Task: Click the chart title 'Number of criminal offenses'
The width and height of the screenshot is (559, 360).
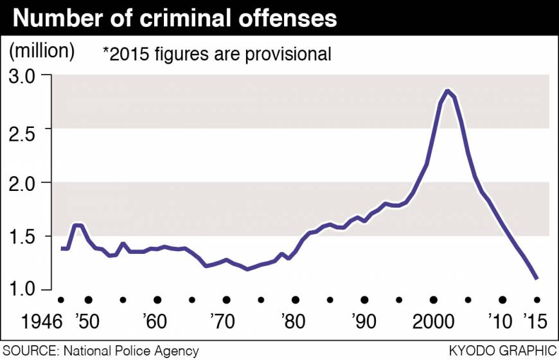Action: click(175, 19)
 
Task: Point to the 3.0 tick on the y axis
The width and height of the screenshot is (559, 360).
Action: click(25, 75)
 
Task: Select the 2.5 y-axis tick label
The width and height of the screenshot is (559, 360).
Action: click(25, 129)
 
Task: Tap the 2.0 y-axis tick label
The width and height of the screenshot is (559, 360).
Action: click(25, 183)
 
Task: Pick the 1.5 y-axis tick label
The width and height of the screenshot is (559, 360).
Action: click(25, 237)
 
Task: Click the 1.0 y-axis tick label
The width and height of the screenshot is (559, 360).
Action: click(25, 290)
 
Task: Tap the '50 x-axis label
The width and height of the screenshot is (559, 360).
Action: click(88, 321)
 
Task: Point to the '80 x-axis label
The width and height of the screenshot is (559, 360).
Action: click(295, 321)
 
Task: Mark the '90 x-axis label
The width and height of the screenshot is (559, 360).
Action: click(364, 321)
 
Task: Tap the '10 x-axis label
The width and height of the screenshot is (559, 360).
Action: click(501, 321)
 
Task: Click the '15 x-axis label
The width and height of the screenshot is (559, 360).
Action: click(536, 321)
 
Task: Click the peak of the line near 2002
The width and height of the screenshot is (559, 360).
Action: click(447, 91)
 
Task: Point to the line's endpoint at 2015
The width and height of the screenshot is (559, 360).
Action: click(537, 278)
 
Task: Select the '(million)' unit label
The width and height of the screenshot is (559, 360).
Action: click(42, 50)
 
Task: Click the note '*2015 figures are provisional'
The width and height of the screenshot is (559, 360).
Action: click(217, 54)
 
